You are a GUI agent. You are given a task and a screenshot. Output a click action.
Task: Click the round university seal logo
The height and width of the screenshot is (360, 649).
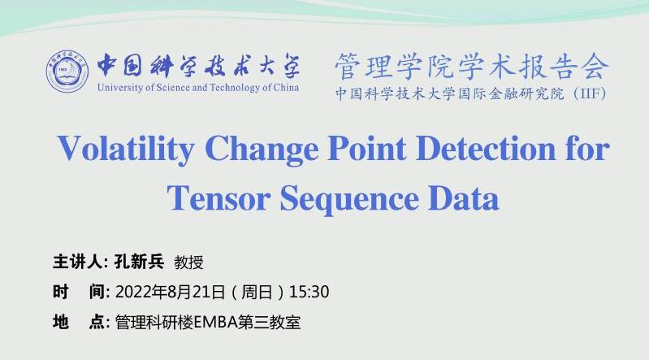67,72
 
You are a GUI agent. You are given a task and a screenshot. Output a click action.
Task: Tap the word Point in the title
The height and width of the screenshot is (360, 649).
366,149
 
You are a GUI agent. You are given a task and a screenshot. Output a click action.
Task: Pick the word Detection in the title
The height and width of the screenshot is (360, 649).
486,149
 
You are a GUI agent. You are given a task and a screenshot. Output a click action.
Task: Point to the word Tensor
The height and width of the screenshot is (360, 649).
218,198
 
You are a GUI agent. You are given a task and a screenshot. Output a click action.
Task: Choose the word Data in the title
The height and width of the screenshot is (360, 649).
463,198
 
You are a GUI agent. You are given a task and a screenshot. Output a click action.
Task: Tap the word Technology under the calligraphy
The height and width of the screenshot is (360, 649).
235,88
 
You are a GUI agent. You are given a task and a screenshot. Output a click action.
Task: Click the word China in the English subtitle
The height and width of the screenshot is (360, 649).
287,88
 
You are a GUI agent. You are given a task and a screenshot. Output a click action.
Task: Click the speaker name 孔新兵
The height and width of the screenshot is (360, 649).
139,262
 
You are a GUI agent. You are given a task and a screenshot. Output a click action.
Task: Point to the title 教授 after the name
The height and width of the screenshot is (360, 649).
188,262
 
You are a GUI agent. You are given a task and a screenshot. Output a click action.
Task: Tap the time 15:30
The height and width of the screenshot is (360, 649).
309,292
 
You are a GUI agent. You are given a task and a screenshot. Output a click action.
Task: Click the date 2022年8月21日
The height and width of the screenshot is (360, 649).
170,292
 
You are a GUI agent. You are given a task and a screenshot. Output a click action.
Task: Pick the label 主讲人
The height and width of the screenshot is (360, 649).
77,262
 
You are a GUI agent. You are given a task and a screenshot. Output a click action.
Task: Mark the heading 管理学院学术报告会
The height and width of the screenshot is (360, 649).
472,67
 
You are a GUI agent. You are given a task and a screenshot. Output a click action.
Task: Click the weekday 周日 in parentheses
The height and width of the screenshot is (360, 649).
257,292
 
